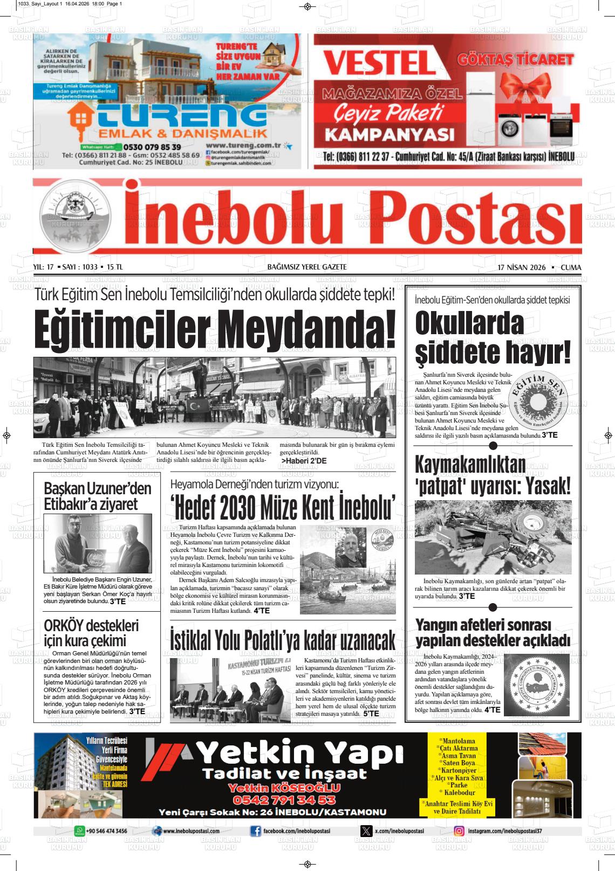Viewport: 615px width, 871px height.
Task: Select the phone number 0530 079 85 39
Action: [152, 147]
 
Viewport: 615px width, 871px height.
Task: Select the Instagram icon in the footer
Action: [459, 832]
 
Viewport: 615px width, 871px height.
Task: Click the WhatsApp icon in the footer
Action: [79, 832]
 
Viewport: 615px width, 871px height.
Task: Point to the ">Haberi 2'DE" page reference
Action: [304, 461]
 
